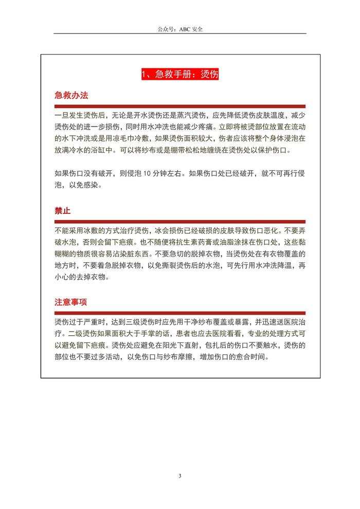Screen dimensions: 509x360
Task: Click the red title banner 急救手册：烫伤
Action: point(180,75)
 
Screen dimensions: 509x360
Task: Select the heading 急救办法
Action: point(71,96)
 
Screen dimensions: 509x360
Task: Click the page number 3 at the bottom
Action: point(180,476)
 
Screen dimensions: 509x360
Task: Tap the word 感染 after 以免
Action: point(92,185)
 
